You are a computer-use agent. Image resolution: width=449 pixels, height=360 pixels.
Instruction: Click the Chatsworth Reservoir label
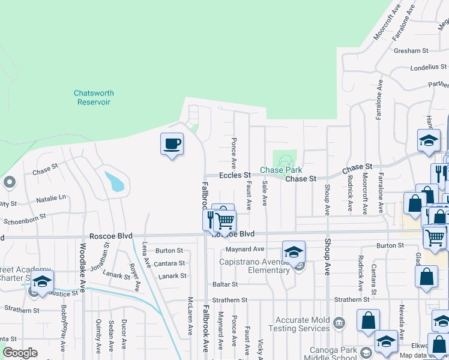pyautogui.click(x=94, y=98)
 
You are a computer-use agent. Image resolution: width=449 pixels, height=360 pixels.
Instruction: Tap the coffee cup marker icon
pyautogui.click(x=172, y=144)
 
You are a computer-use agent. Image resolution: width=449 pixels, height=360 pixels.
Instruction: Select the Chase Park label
pyautogui.click(x=280, y=170)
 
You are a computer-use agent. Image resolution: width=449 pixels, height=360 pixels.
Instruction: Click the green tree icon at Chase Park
pyautogui.click(x=285, y=160)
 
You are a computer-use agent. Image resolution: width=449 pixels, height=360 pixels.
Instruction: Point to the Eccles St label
pyautogui.click(x=234, y=175)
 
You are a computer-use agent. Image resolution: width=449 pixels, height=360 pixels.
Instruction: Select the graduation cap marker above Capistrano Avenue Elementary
pyautogui.click(x=294, y=252)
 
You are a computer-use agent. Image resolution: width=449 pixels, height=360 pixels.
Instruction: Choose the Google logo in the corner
pyautogui.click(x=20, y=353)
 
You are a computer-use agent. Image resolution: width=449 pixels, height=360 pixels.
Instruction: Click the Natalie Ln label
pyautogui.click(x=50, y=197)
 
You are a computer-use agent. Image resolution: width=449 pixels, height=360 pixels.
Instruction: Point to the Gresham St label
pyautogui.click(x=411, y=51)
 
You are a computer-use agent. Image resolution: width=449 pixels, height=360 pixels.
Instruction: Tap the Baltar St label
pyautogui.click(x=225, y=284)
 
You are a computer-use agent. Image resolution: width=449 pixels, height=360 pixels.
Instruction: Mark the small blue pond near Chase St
pyautogui.click(x=115, y=181)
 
